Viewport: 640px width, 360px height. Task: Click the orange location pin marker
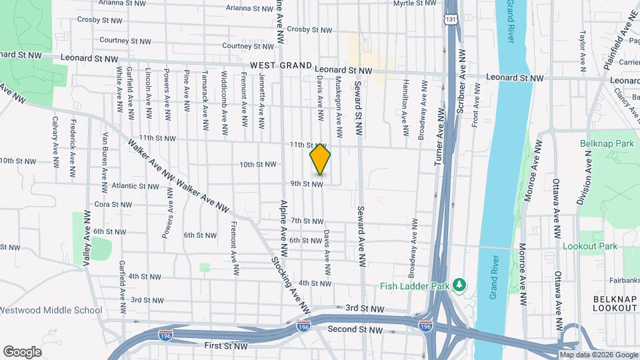click(320, 159)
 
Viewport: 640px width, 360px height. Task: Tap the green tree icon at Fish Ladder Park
click(459, 286)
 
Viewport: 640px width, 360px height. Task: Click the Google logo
click(22, 351)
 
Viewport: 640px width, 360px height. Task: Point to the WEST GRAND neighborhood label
click(281, 65)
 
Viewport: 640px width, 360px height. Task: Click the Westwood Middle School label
click(51, 310)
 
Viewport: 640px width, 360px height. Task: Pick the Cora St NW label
click(111, 204)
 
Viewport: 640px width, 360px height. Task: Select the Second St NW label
click(355, 329)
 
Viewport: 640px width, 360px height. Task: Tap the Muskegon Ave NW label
click(339, 98)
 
